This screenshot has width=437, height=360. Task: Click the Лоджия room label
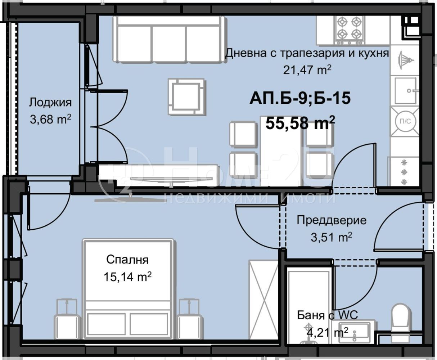[50, 103]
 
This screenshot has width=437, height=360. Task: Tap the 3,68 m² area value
[50, 119]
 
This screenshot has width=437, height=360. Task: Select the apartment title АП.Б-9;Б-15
[300, 98]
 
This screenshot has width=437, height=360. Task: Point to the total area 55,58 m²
[300, 123]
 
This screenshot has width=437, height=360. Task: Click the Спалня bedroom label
[127, 260]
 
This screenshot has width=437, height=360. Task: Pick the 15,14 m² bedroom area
[127, 277]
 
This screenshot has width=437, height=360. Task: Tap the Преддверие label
[332, 221]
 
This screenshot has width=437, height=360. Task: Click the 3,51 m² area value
[332, 237]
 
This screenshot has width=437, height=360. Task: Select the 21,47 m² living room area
[307, 70]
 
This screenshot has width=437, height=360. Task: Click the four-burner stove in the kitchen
[349, 31]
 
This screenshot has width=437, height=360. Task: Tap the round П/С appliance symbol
[405, 121]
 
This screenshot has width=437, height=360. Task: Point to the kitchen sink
[405, 91]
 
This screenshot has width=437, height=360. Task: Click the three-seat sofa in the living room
[170, 39]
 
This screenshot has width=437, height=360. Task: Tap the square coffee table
[187, 96]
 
